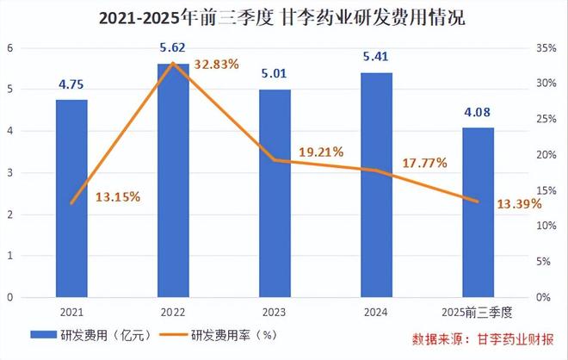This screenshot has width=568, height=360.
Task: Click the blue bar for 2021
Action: (x=71, y=198)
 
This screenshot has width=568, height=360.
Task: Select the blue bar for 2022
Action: (x=173, y=180)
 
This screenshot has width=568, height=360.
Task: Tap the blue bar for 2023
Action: (x=275, y=193)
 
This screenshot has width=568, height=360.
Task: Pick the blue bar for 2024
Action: (x=377, y=184)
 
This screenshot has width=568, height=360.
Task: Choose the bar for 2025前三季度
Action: (x=478, y=212)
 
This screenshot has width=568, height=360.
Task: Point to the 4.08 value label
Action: (x=478, y=114)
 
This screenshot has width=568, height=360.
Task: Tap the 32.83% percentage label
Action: (x=216, y=64)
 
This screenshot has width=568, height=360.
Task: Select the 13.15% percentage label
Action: (x=118, y=196)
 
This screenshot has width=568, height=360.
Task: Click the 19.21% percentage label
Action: (x=321, y=152)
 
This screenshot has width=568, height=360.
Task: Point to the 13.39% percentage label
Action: (x=520, y=203)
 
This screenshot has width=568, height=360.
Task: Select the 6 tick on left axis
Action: (x=10, y=48)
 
